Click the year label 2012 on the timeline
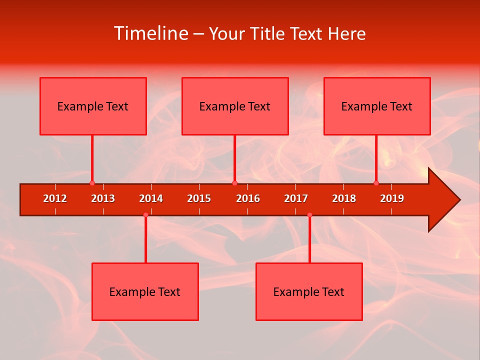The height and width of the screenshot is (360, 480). [x=55, y=198]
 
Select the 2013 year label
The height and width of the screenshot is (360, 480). [x=103, y=198]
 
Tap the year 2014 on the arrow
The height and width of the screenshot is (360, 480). [x=151, y=198]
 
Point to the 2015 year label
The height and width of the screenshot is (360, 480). [x=199, y=198]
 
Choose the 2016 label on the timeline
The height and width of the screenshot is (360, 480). [x=248, y=198]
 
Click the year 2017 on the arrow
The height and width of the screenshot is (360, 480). [x=296, y=198]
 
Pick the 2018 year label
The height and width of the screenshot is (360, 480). [x=344, y=198]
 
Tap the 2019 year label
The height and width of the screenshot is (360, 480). [x=392, y=198]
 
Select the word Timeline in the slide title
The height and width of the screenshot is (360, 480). [x=150, y=33]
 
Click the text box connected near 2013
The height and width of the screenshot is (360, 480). [x=93, y=106]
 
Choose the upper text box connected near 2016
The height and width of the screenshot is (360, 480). [x=235, y=106]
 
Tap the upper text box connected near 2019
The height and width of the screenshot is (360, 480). [x=377, y=106]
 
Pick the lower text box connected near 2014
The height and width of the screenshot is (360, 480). [x=145, y=291]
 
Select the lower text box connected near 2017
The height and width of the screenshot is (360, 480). [x=309, y=291]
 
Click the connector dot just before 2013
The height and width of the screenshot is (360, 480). [x=92, y=183]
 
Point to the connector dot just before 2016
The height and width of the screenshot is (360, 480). [x=234, y=183]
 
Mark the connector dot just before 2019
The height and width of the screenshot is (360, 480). [x=376, y=183]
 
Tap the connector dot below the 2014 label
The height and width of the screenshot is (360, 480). [x=145, y=215]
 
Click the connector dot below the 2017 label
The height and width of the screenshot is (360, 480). [x=309, y=215]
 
